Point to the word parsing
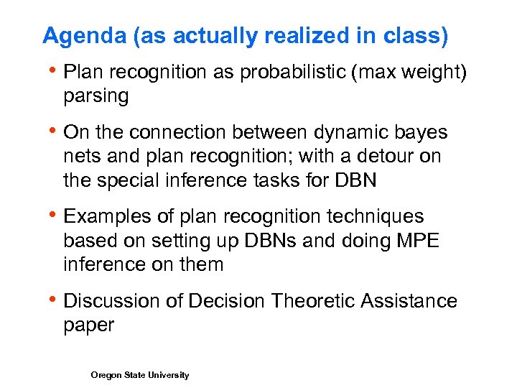[96, 96]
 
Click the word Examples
[108, 216]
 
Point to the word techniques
[378, 216]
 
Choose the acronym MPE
[417, 240]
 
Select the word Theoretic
[314, 300]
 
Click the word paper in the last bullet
[89, 325]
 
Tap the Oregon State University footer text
[140, 375]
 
